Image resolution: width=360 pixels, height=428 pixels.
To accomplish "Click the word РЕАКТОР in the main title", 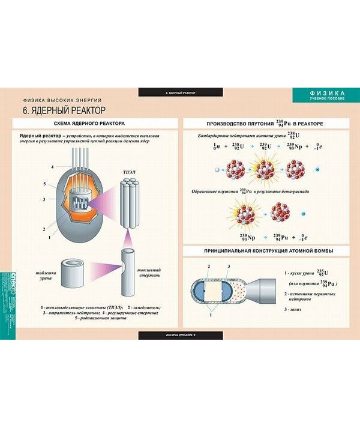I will point(82,111).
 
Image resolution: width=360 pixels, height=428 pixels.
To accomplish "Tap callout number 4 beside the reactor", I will point(52,166).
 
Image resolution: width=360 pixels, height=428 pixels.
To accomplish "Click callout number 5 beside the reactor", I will point(45,184).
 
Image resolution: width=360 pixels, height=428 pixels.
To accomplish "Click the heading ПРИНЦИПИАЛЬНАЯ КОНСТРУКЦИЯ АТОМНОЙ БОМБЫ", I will point(268,250).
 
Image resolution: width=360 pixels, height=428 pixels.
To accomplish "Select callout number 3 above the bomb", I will point(229,265).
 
